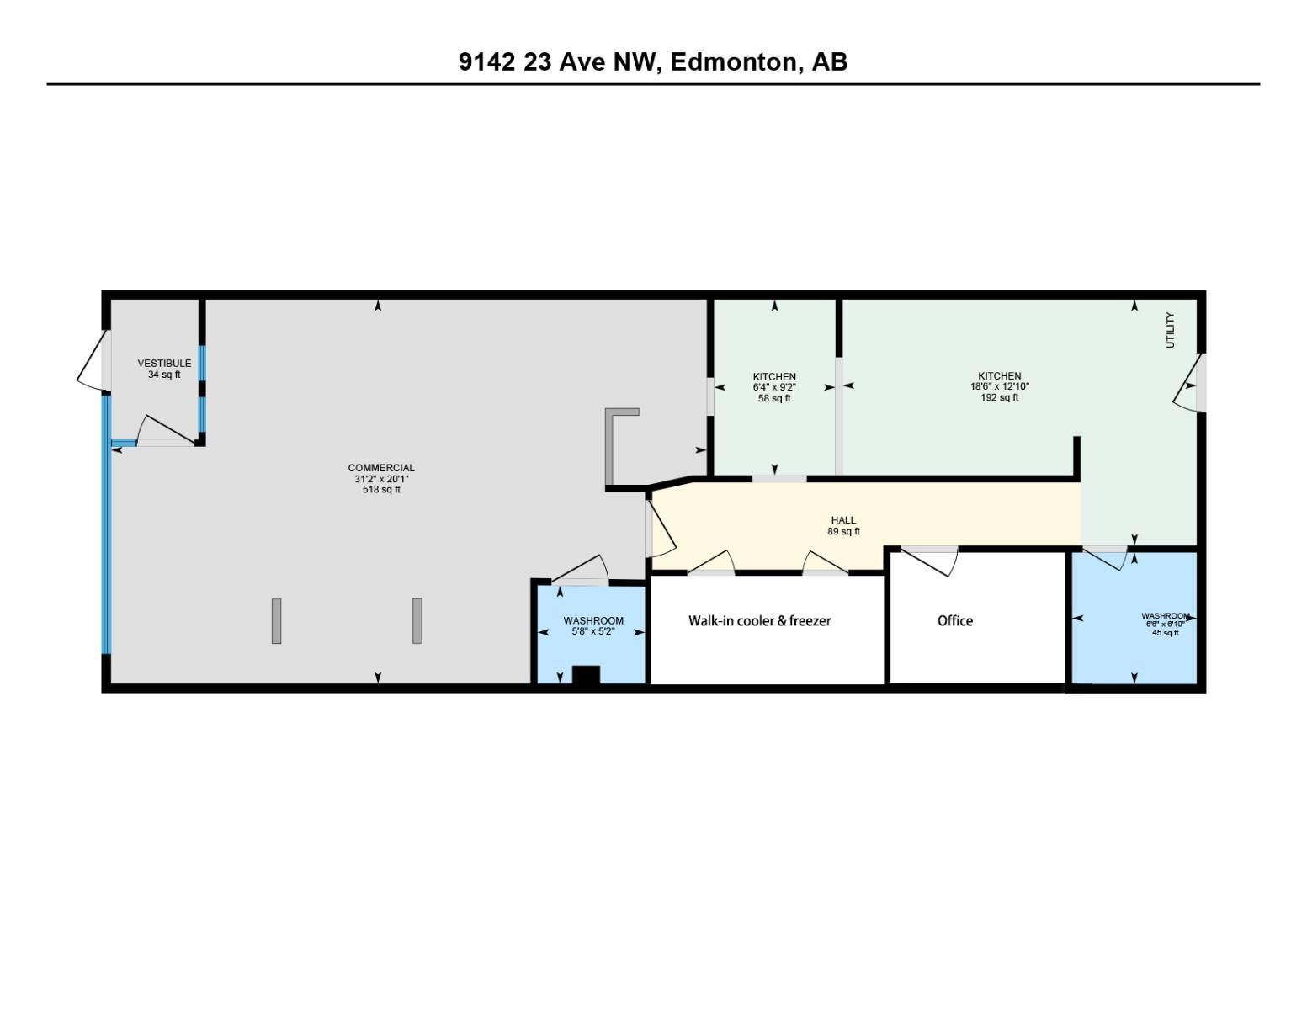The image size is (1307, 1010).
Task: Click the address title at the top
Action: (x=653, y=62)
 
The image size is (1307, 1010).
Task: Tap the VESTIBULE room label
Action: (x=164, y=364)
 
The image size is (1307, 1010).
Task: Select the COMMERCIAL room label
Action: (x=381, y=468)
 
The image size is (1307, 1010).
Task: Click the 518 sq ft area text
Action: (x=381, y=490)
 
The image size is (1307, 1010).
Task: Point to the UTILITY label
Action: (x=1169, y=330)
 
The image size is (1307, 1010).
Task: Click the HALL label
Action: (x=843, y=520)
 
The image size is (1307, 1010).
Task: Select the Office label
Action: (x=955, y=621)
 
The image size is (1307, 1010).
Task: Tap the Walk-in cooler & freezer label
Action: (x=759, y=621)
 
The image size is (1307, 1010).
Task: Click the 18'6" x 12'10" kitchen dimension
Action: (x=999, y=387)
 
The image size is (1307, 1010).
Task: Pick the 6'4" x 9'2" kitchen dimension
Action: (x=774, y=387)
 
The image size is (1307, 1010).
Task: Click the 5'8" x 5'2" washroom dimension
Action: (x=593, y=631)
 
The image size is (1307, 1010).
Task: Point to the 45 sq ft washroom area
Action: (x=1165, y=633)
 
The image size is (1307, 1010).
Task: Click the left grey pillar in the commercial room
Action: (x=276, y=621)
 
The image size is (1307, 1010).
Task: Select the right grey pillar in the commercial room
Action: (x=417, y=621)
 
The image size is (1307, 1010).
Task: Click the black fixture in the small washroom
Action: (x=586, y=675)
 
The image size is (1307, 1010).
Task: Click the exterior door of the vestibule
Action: (x=93, y=360)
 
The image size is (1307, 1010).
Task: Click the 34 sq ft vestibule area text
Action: (x=164, y=375)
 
